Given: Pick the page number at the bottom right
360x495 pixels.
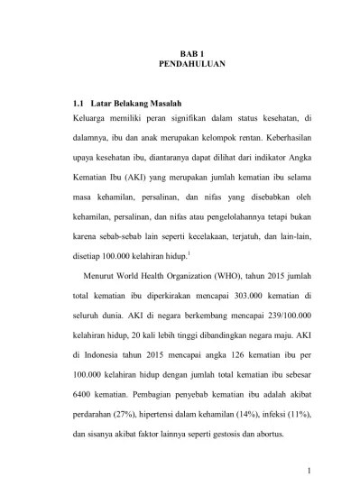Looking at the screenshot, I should click(x=308, y=469).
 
